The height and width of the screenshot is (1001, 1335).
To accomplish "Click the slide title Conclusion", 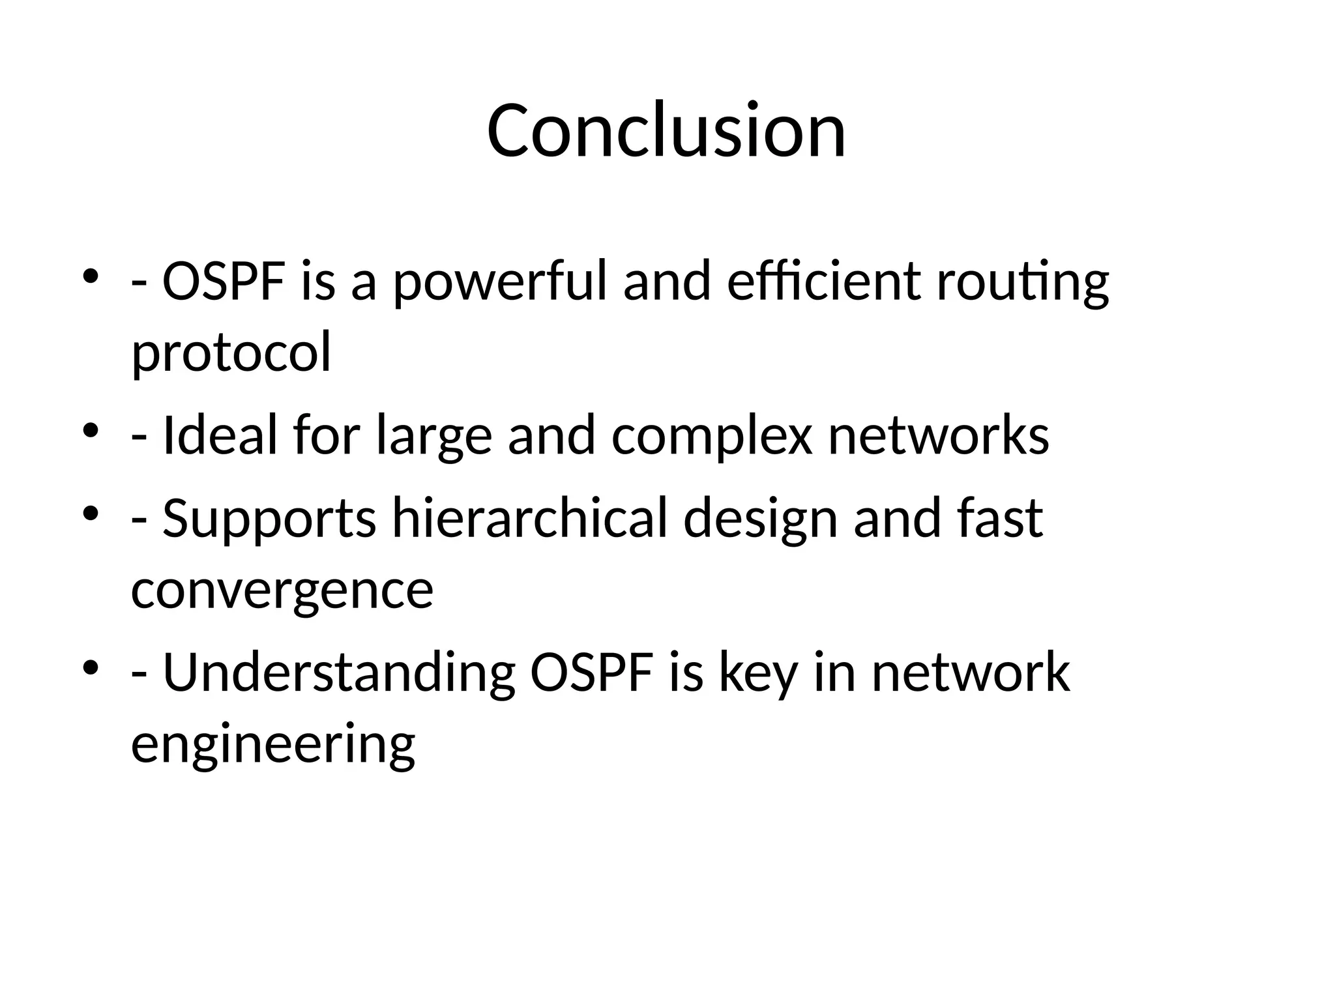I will (x=666, y=131).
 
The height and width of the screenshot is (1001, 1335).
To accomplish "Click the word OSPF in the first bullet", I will (x=224, y=282).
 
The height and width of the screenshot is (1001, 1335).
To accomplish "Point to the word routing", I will (x=1022, y=282).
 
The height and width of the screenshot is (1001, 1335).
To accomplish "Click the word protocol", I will (x=231, y=353).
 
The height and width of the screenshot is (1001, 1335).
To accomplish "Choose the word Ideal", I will (x=220, y=435).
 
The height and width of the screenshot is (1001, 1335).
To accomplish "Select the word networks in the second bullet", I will (x=939, y=435).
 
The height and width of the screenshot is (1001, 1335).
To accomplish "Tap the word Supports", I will (x=269, y=519).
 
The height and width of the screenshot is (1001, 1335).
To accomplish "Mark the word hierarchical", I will (x=530, y=519).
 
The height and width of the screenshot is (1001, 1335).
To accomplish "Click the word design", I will (x=760, y=519).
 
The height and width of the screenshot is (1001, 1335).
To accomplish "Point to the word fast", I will (x=1000, y=519).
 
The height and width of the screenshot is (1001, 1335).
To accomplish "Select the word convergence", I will (x=282, y=590).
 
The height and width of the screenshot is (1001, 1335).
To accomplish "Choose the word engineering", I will (x=273, y=744).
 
